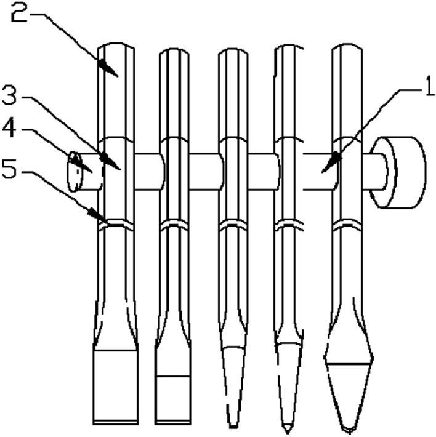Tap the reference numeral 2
pyautogui.click(x=20, y=13)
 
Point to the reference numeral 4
pyautogui.click(x=9, y=128)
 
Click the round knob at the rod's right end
pyautogui.click(x=398, y=172)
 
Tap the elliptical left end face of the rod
pyautogui.click(x=75, y=172)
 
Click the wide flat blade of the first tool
pyautogui.click(x=115, y=387)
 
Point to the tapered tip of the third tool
pyautogui.click(x=233, y=387)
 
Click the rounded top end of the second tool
pyautogui.click(x=174, y=50)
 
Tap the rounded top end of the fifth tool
pyautogui.click(x=347, y=46)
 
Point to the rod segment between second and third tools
pyautogui.click(x=205, y=172)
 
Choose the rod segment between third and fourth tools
pyautogui.click(x=262, y=172)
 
